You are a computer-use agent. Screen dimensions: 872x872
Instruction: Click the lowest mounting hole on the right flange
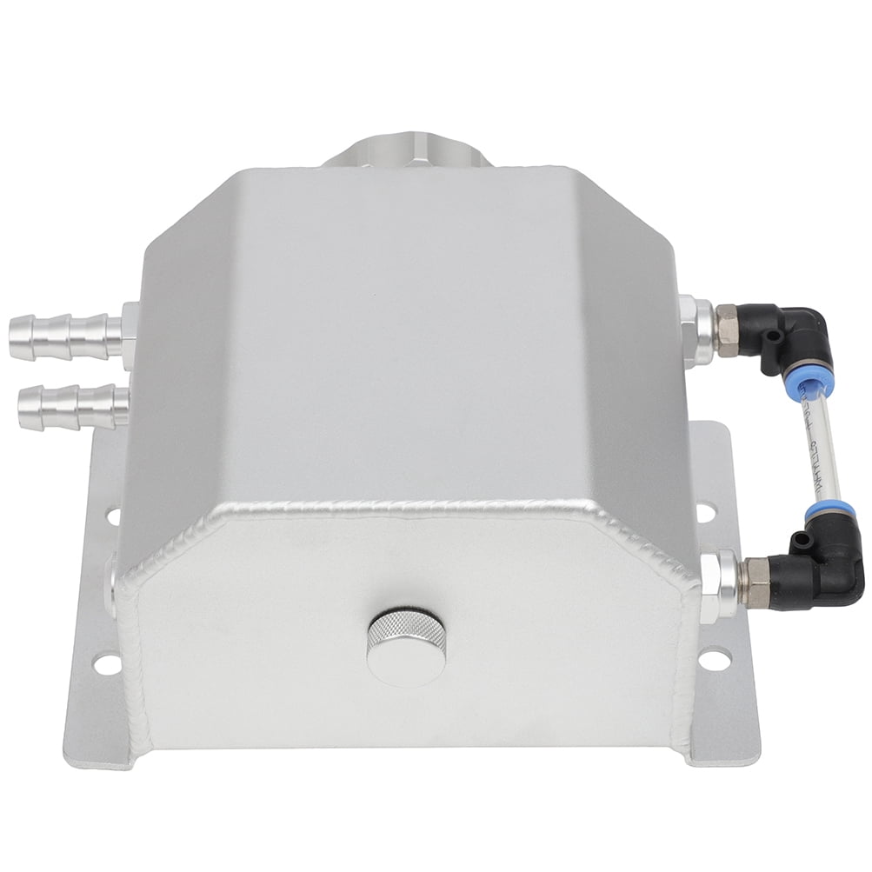click(x=713, y=660)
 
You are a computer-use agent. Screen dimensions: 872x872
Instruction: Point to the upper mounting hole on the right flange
click(x=705, y=512)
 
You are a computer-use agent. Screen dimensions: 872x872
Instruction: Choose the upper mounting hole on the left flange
click(x=112, y=516)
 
